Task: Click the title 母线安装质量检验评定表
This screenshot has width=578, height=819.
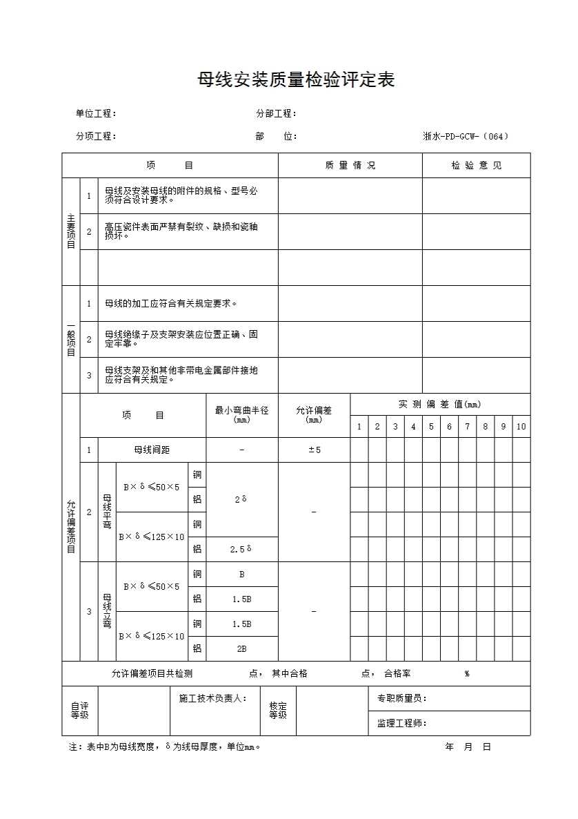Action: pyautogui.click(x=296, y=80)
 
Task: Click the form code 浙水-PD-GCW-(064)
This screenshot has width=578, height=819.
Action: pyautogui.click(x=466, y=137)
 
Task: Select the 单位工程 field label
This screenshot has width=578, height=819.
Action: pyautogui.click(x=96, y=114)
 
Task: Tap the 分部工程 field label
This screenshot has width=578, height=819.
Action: pyautogui.click(x=276, y=114)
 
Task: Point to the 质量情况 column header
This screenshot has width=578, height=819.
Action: pyautogui.click(x=350, y=166)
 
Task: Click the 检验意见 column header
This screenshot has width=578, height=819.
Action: pyautogui.click(x=477, y=166)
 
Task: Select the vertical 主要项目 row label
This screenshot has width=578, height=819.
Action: pyautogui.click(x=71, y=231)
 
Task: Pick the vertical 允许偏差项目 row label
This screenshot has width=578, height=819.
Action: pyautogui.click(x=71, y=527)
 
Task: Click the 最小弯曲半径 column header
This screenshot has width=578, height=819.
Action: pyautogui.click(x=242, y=414)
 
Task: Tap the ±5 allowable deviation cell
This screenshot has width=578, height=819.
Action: pyautogui.click(x=314, y=450)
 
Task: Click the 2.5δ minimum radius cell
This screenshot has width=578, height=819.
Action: pyautogui.click(x=242, y=550)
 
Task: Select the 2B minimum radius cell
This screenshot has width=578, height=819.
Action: pyautogui.click(x=242, y=649)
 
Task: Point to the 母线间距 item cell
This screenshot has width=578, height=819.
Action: pyautogui.click(x=152, y=450)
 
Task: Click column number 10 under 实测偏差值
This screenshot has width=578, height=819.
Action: pyautogui.click(x=521, y=427)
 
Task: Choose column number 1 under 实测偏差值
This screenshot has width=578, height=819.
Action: pyautogui.click(x=359, y=427)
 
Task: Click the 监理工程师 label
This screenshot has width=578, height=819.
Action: pyautogui.click(x=401, y=724)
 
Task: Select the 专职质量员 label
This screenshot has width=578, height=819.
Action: pyautogui.click(x=401, y=699)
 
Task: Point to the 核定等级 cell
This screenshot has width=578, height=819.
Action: pyautogui.click(x=278, y=711)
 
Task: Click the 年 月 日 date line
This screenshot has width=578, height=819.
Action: pyautogui.click(x=468, y=747)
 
